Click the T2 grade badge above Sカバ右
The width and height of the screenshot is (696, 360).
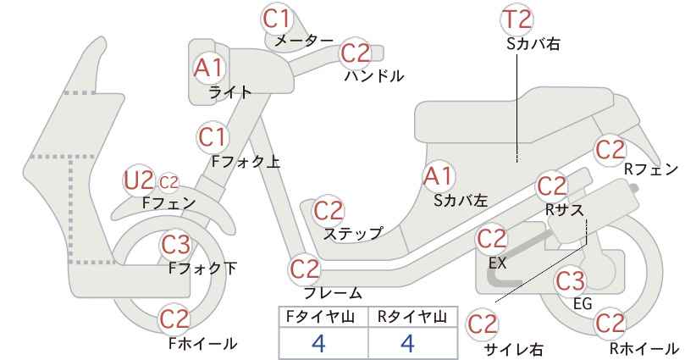coord(517,19)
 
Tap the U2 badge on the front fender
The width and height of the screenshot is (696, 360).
coord(138,180)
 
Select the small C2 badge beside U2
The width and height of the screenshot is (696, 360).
coord(168,182)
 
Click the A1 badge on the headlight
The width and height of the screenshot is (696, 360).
coord(208,69)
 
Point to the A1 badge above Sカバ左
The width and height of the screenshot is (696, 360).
coord(438,176)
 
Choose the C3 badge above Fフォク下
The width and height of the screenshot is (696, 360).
coord(175,244)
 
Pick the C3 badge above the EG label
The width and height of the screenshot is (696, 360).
coord(571,280)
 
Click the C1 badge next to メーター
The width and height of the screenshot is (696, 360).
coord(276,19)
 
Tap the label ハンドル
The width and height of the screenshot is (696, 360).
coord(374,76)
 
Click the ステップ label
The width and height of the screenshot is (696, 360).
coord(353,234)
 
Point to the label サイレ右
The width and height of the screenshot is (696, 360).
coord(514,350)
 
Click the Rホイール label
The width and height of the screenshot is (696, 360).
coord(644,348)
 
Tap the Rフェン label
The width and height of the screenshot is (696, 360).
coord(651,169)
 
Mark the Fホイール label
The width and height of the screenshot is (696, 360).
coord(203,344)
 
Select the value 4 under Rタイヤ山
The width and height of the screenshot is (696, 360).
coord(407,343)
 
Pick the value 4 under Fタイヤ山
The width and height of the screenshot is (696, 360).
coord(318,343)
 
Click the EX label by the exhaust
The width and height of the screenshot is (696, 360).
coord(497,263)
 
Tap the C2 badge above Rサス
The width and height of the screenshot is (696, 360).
coord(552,186)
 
